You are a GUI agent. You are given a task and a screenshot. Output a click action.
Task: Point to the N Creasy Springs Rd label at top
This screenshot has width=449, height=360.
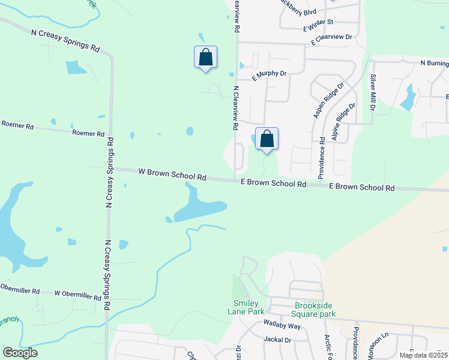pos(66,41)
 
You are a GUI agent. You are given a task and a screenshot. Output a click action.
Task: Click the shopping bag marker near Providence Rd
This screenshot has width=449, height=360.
pos(267,139)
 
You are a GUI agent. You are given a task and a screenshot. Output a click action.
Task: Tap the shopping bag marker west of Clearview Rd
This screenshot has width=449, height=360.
pos(205,58)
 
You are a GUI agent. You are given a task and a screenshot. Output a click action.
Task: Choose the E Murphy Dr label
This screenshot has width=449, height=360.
pos(270,74)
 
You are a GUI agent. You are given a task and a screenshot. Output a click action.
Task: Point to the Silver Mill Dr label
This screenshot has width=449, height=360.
pos(373,92)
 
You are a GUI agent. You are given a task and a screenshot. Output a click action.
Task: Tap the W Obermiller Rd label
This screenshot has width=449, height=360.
pos(78,295)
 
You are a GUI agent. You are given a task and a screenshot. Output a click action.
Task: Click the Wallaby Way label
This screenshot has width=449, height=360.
pos(282,325)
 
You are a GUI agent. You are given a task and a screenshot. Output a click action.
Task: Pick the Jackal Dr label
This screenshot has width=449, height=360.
pos(277,339)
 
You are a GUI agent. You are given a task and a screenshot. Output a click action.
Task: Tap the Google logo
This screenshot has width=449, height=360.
pos(19,353)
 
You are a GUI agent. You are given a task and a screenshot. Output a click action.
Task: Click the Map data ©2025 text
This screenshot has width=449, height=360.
pos(423,355)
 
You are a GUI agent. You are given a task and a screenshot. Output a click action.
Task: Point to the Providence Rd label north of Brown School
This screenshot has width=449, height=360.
pos(322,157)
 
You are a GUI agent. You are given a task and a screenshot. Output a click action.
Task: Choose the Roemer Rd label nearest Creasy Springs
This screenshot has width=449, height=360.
pos(88,133)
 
